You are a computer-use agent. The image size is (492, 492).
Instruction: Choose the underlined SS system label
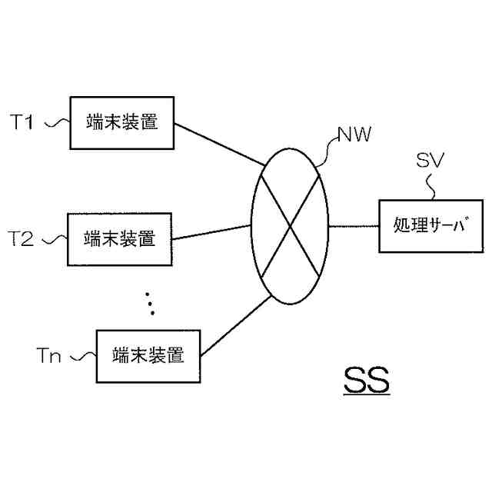366,381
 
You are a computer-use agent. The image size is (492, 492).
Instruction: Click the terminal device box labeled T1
121,122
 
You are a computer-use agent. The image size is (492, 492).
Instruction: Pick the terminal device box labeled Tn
147,356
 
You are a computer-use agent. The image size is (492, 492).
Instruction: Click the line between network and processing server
354,226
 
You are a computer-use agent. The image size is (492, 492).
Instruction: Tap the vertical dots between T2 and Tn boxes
150,303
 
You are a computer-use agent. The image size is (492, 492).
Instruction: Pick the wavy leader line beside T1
57,122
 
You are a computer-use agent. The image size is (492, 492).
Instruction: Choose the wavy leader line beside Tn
83,356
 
